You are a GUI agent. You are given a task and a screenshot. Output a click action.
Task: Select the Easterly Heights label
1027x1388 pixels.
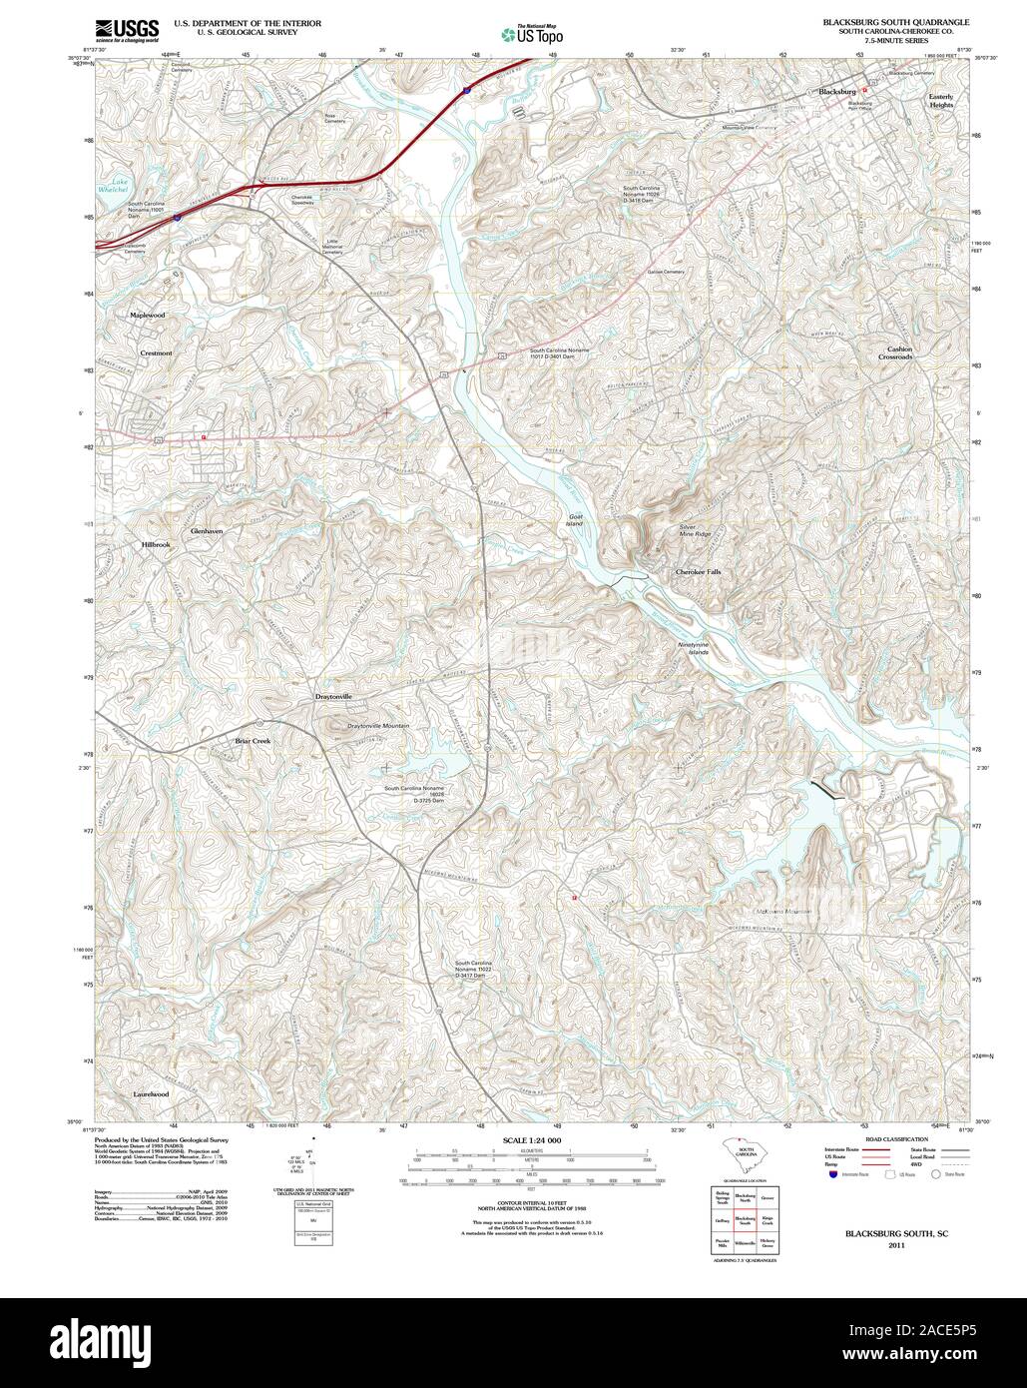(x=941, y=101)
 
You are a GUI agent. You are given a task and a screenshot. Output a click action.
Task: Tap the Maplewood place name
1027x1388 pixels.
(x=147, y=315)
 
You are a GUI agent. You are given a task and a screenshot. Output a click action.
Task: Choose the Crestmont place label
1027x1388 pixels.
(x=156, y=352)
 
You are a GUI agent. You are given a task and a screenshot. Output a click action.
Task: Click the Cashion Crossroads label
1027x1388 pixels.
(x=895, y=353)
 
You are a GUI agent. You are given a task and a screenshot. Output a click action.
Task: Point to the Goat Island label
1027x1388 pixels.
(x=574, y=520)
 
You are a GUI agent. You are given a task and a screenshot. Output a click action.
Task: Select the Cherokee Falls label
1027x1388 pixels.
(x=698, y=572)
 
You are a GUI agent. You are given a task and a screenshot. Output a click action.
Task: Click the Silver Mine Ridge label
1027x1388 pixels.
(x=695, y=530)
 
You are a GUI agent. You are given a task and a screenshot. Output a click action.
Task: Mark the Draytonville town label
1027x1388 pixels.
(x=334, y=696)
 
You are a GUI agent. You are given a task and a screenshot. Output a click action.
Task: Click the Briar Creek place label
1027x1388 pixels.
(x=253, y=741)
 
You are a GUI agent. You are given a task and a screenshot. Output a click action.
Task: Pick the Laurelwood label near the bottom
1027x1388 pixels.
(x=150, y=1094)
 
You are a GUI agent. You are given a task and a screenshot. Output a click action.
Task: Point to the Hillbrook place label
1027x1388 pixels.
(x=156, y=544)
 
